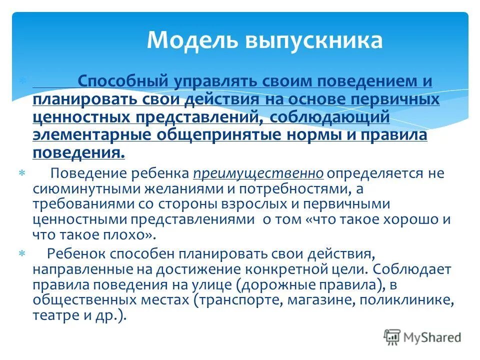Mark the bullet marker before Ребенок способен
point(22,254)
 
